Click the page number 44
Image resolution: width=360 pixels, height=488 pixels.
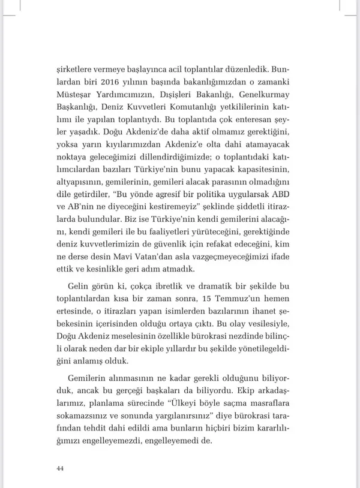(x=60, y=468)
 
